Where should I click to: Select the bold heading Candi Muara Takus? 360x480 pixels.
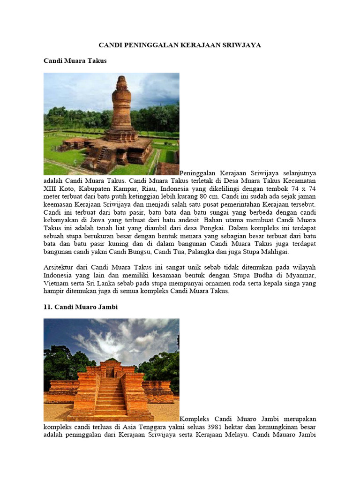[75, 61]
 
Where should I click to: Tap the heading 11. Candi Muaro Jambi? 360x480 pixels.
[81, 307]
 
